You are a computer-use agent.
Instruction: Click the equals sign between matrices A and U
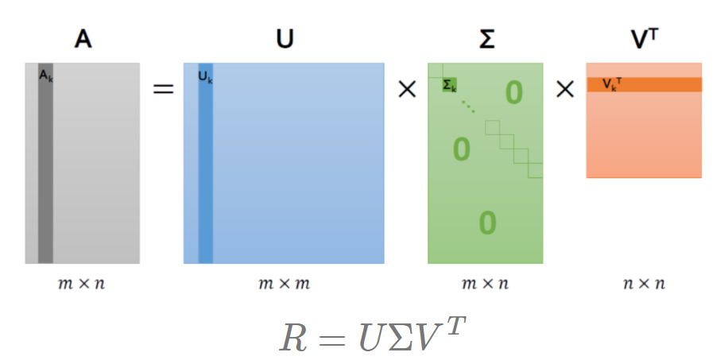coord(163,88)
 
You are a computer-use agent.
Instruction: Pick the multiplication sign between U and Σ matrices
coord(406,89)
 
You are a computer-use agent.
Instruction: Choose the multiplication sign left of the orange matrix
coord(564,89)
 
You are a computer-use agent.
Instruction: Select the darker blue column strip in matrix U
coord(206,175)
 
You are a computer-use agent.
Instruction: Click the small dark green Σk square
coord(449,84)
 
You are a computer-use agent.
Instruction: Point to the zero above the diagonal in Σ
coord(514,94)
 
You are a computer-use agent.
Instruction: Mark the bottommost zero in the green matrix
coord(487,223)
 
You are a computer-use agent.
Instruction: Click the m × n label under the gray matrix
coord(83,283)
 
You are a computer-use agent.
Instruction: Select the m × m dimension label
coord(284,283)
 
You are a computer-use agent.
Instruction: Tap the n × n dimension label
coord(644,283)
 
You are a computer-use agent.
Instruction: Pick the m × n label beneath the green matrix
coord(486,283)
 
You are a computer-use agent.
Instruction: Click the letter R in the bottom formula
coord(293,336)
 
